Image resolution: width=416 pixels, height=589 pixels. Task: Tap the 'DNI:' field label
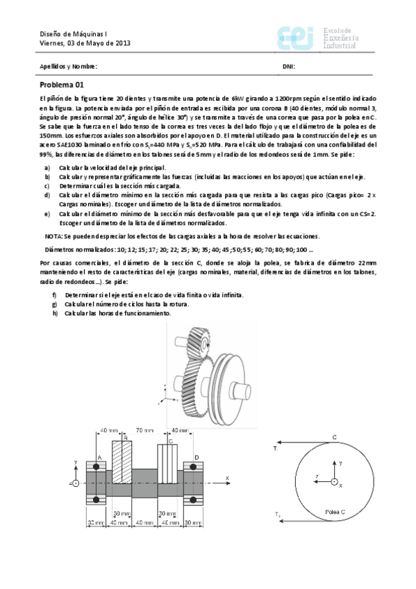tap(289, 67)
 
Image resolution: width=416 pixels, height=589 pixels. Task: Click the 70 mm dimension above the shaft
tap(144, 430)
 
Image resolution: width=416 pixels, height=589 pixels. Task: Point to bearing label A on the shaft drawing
tap(99, 456)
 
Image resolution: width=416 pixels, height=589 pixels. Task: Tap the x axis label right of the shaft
tap(227, 478)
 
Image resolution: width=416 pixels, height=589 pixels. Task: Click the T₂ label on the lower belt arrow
tap(276, 515)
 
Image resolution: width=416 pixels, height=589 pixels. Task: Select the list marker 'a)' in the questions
tap(47, 168)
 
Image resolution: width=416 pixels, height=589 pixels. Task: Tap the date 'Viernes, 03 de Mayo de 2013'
tap(85, 43)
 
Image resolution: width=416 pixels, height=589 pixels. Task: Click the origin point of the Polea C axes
tap(334, 481)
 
